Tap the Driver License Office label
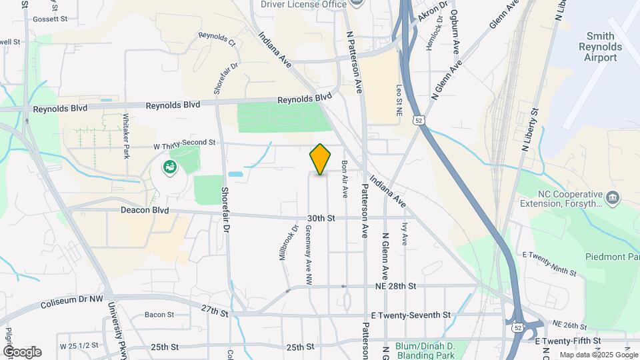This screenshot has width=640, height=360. [x=303, y=4]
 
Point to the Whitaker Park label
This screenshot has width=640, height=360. [x=126, y=135]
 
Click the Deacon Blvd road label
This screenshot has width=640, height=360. [x=145, y=210]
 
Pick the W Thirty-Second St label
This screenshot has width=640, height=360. [x=185, y=143]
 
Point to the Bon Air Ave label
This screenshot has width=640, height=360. [x=345, y=179]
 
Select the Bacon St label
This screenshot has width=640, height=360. [x=159, y=315]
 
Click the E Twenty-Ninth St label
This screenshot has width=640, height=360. [x=549, y=263]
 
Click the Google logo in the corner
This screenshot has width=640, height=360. [x=22, y=351]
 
